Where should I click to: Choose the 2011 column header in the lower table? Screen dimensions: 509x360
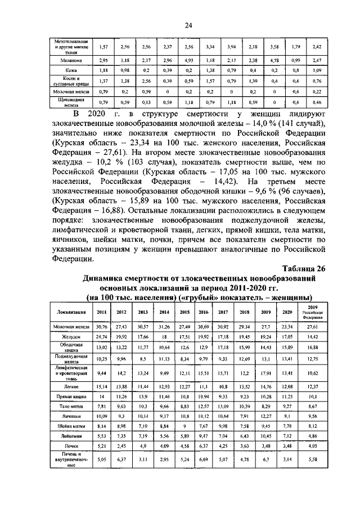click(x=102, y=312)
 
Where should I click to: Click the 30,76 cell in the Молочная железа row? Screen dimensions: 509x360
click(x=102, y=326)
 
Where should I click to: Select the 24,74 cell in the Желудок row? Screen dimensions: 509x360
click(x=102, y=336)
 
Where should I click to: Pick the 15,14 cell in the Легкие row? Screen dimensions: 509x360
click(x=102, y=387)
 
